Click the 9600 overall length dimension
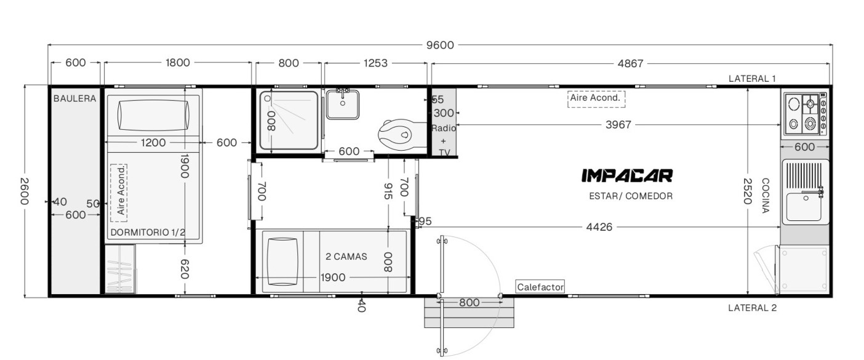440,45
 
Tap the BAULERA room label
75,98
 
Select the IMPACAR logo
627,175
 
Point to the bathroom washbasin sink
343,104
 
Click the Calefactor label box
540,287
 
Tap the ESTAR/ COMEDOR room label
631,196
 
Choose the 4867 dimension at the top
630,63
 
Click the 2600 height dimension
24,191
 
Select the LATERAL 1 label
752,79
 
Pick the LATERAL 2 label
752,308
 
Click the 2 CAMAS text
346,257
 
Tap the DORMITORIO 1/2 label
148,232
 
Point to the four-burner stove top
806,114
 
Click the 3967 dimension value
618,125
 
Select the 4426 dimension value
599,227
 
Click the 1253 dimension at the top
375,63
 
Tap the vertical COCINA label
766,195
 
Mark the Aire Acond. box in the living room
596,99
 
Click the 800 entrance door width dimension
469,303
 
